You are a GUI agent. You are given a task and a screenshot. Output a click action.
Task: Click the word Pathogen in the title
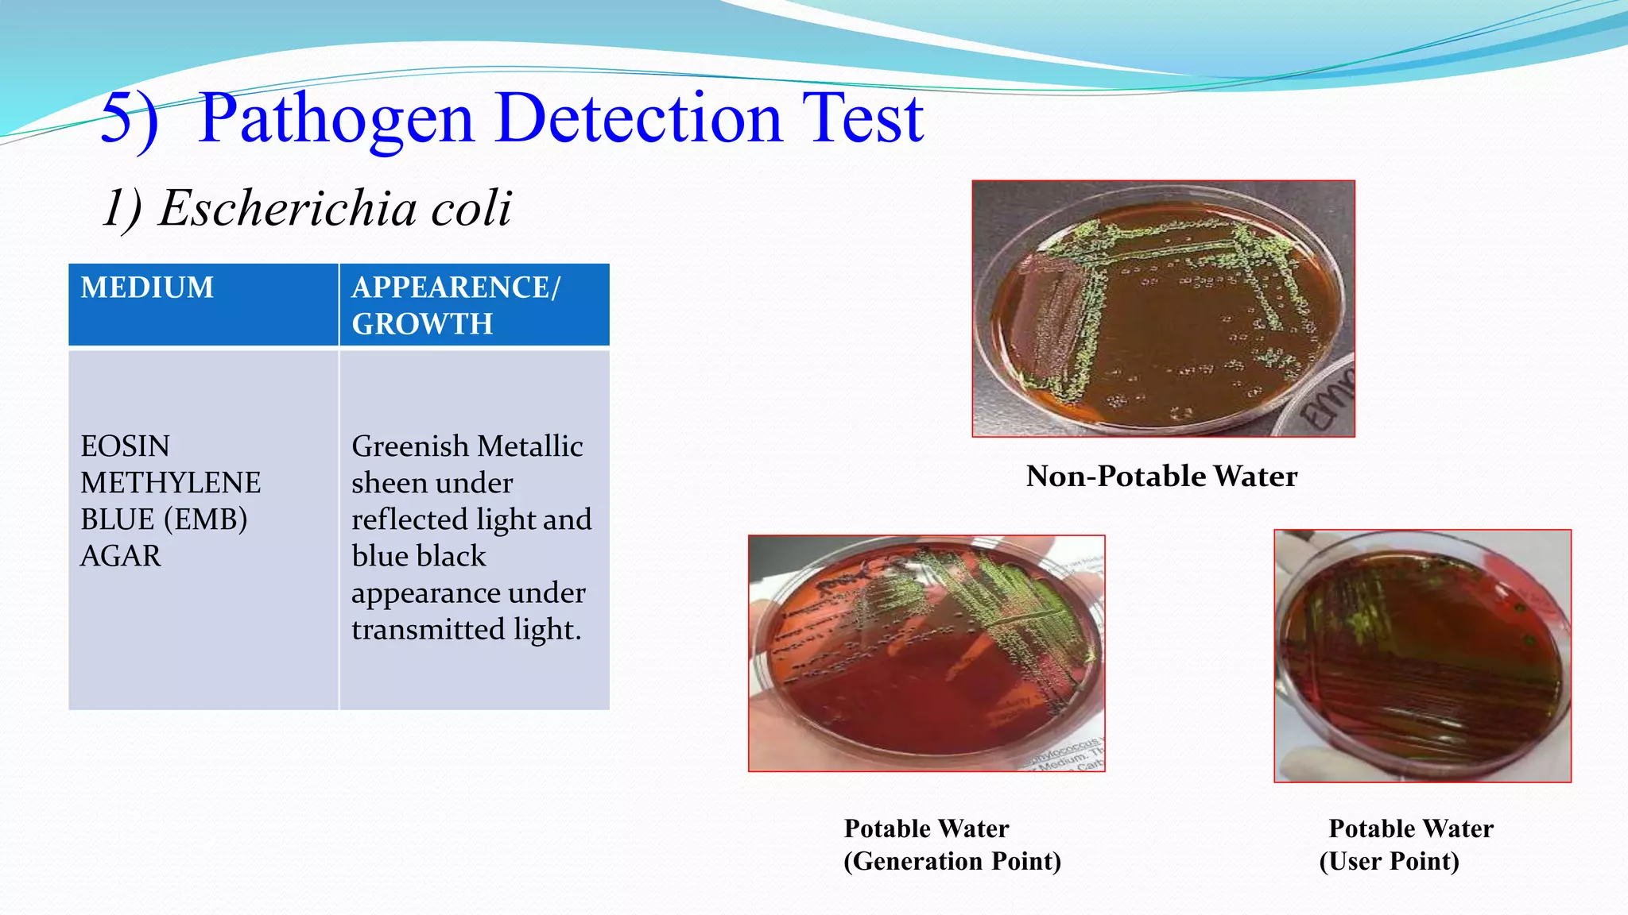click(x=337, y=119)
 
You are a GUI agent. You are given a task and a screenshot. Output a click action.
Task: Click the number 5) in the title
click(x=130, y=119)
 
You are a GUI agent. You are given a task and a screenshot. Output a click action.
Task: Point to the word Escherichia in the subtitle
click(x=287, y=208)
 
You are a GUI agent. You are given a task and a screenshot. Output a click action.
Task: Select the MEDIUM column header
click(x=147, y=288)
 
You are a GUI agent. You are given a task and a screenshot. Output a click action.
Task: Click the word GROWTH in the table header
click(x=422, y=324)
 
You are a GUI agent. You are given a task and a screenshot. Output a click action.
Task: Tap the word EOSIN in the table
click(x=125, y=446)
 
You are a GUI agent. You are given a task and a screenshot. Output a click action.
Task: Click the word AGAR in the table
click(x=120, y=556)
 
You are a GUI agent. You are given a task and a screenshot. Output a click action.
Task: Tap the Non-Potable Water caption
click(x=1161, y=477)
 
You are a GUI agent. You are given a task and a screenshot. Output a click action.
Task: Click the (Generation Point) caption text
click(x=952, y=861)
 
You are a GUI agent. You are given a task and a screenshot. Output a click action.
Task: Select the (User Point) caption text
click(x=1389, y=861)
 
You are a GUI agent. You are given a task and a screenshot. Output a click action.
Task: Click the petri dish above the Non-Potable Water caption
click(x=1163, y=309)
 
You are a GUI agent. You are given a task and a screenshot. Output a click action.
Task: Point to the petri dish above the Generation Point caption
click(x=926, y=653)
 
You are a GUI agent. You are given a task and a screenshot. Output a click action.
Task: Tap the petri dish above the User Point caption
click(x=1422, y=656)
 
